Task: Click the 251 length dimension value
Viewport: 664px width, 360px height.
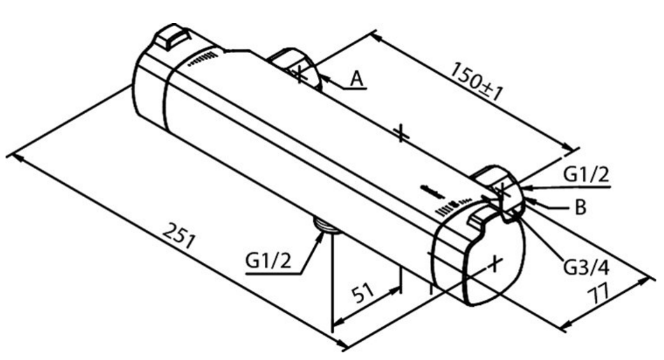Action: pyautogui.click(x=179, y=236)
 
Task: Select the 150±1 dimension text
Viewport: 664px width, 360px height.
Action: pyautogui.click(x=477, y=81)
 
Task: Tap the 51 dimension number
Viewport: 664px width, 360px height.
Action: pyautogui.click(x=363, y=292)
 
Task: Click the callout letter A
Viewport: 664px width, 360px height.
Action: pyautogui.click(x=357, y=78)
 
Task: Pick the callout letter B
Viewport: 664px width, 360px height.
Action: pyautogui.click(x=580, y=207)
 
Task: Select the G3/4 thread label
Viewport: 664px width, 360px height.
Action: pyautogui.click(x=586, y=267)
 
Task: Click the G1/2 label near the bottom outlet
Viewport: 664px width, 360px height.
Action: pyautogui.click(x=268, y=260)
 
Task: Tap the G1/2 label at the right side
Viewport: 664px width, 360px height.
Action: pyautogui.click(x=586, y=174)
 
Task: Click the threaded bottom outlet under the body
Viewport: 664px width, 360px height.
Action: pyautogui.click(x=326, y=224)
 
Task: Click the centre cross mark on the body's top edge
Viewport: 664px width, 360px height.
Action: pyautogui.click(x=400, y=134)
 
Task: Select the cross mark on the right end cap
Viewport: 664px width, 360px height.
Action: pyautogui.click(x=495, y=264)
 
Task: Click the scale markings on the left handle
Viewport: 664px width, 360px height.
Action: pyautogui.click(x=203, y=59)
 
